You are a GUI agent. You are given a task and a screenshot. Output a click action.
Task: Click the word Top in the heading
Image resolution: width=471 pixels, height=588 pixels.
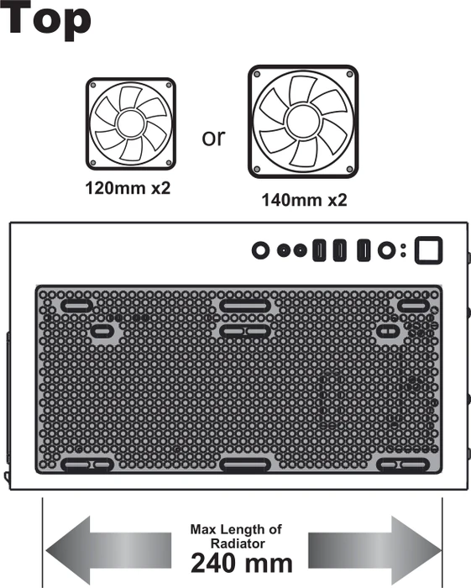point(45,18)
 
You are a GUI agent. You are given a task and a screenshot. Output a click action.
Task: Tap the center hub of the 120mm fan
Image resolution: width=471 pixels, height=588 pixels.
point(130,123)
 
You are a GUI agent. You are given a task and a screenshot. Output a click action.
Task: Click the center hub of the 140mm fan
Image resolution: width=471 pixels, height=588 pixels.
point(303,121)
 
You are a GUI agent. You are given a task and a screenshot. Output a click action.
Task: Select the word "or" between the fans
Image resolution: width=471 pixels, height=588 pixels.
point(213,138)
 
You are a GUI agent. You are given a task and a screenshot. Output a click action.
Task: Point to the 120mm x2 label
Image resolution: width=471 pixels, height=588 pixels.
point(128,188)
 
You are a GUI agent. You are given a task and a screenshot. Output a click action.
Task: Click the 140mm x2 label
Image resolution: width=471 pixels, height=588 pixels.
point(304,200)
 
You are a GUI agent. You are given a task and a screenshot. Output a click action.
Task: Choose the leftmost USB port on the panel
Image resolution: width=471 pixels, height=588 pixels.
point(319,250)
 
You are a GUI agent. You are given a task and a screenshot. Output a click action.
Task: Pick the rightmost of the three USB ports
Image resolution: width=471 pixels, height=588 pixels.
point(364,250)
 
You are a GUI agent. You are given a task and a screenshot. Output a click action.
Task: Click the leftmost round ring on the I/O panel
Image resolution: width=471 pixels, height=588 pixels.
point(261,250)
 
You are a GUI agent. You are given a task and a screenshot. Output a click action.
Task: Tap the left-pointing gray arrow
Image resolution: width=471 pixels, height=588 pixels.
point(108,550)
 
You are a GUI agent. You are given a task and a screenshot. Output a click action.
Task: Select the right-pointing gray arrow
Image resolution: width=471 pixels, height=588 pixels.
point(374,550)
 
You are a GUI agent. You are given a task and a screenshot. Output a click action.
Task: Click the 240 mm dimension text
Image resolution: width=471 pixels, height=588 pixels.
point(241,564)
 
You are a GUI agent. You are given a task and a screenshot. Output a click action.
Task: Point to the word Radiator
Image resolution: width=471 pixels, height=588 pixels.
point(238,543)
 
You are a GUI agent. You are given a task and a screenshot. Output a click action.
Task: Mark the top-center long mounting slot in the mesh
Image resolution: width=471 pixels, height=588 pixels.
point(245,306)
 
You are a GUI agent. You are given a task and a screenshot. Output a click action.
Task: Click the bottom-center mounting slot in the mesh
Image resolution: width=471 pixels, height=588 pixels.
point(245,465)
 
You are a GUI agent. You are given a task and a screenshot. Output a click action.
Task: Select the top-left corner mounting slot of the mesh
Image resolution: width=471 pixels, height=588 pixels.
point(76,306)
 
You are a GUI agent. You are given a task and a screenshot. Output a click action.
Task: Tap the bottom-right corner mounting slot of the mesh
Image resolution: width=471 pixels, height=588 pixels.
point(403,465)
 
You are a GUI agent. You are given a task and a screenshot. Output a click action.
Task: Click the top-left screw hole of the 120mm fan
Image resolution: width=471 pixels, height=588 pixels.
point(93,86)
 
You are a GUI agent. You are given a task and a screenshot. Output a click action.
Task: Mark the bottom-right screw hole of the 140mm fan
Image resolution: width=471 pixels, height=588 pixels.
point(350,170)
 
